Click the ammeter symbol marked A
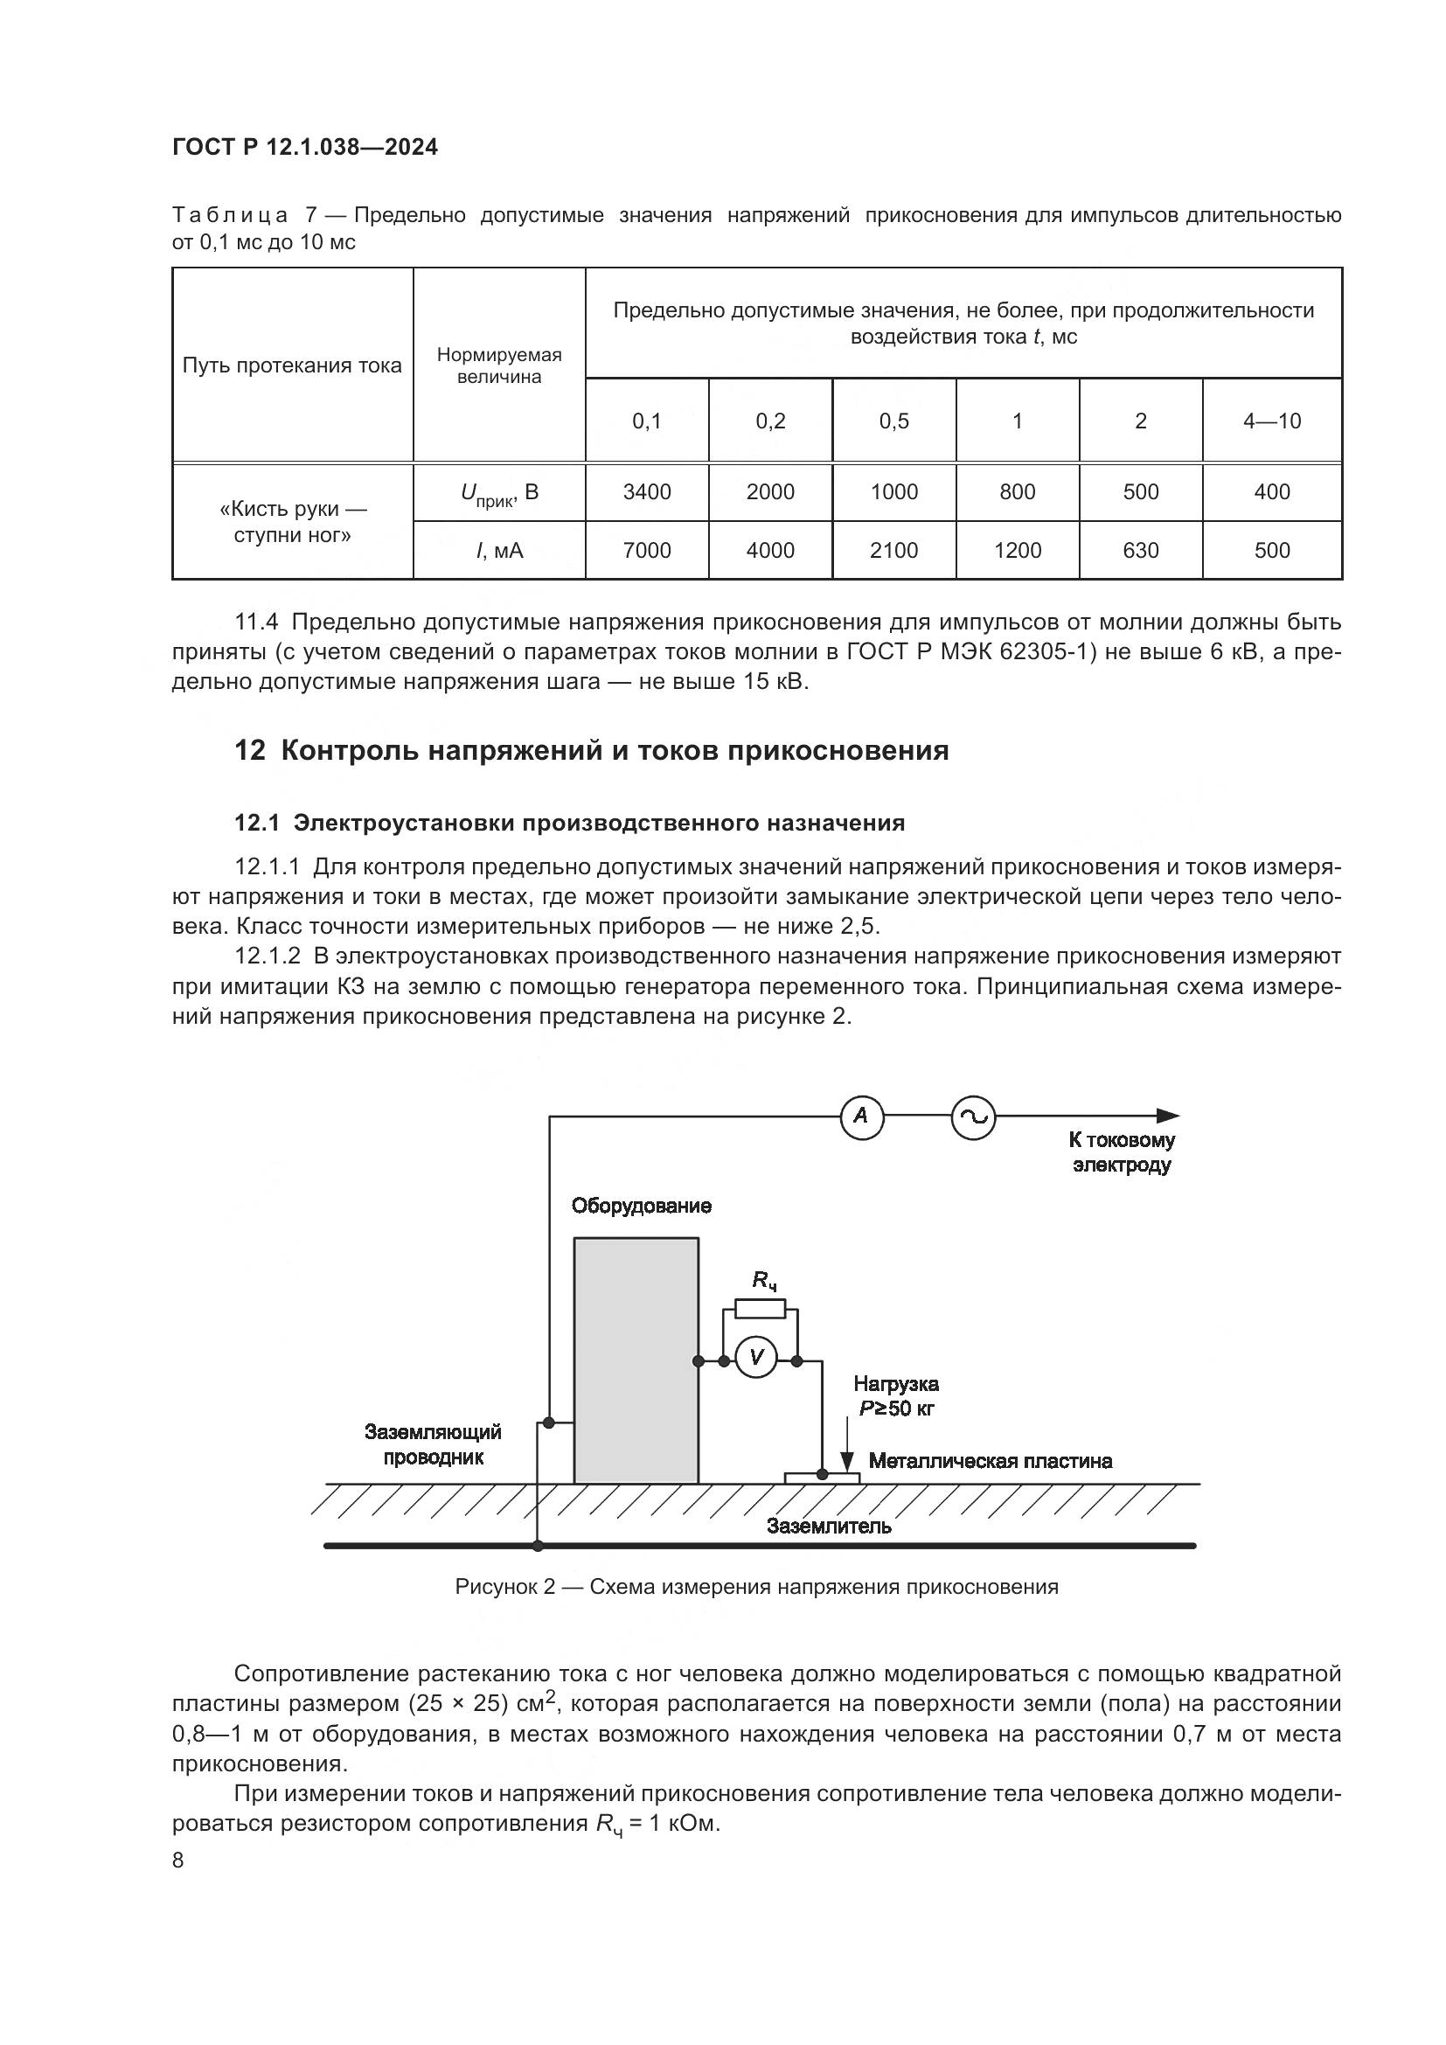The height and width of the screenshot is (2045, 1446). pyautogui.click(x=862, y=1116)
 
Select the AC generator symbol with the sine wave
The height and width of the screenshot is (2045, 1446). pyautogui.click(x=973, y=1118)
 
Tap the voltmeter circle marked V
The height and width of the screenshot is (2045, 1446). pyautogui.click(x=757, y=1358)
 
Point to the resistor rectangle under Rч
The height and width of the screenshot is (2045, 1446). pyautogui.click(x=760, y=1309)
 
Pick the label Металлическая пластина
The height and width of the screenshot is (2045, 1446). pyautogui.click(x=991, y=1461)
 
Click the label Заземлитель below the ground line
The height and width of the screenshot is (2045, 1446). pyautogui.click(x=829, y=1526)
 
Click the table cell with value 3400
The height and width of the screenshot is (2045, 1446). pyautogui.click(x=646, y=491)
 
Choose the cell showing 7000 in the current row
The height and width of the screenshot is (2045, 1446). pyautogui.click(x=646, y=551)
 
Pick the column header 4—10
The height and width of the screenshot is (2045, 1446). pyautogui.click(x=1271, y=421)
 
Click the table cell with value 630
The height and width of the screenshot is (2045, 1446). pyautogui.click(x=1141, y=551)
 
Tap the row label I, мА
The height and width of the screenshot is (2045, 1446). pyautogui.click(x=499, y=551)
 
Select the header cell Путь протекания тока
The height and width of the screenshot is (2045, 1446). pyautogui.click(x=292, y=365)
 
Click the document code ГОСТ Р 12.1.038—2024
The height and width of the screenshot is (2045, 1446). pyautogui.click(x=304, y=148)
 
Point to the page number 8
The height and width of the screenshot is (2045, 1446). pyautogui.click(x=178, y=1860)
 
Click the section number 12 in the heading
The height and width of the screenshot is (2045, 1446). pyautogui.click(x=250, y=751)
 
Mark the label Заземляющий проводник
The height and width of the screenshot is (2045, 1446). pyautogui.click(x=434, y=1444)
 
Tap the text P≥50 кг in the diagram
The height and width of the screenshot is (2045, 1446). pyautogui.click(x=896, y=1409)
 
